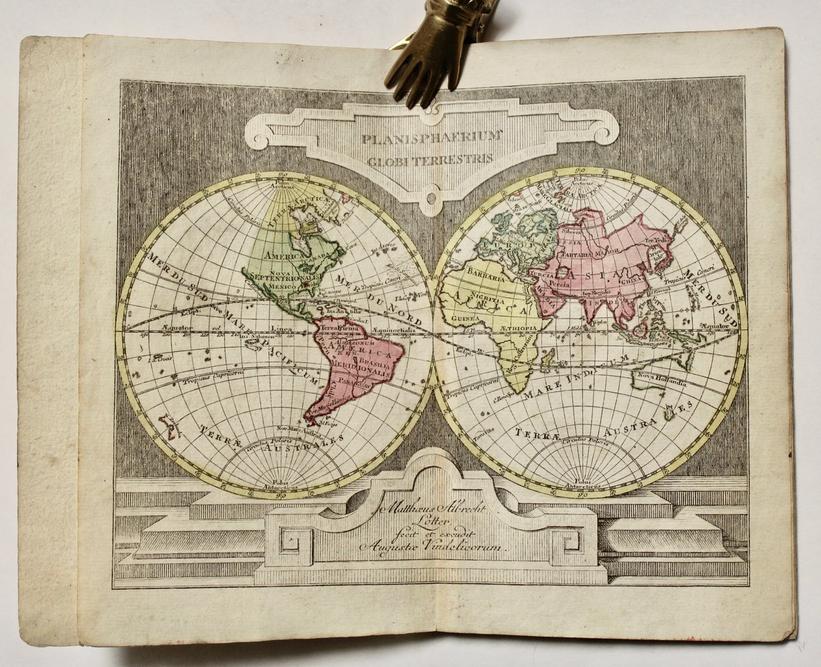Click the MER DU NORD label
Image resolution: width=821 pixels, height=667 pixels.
(379, 301)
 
